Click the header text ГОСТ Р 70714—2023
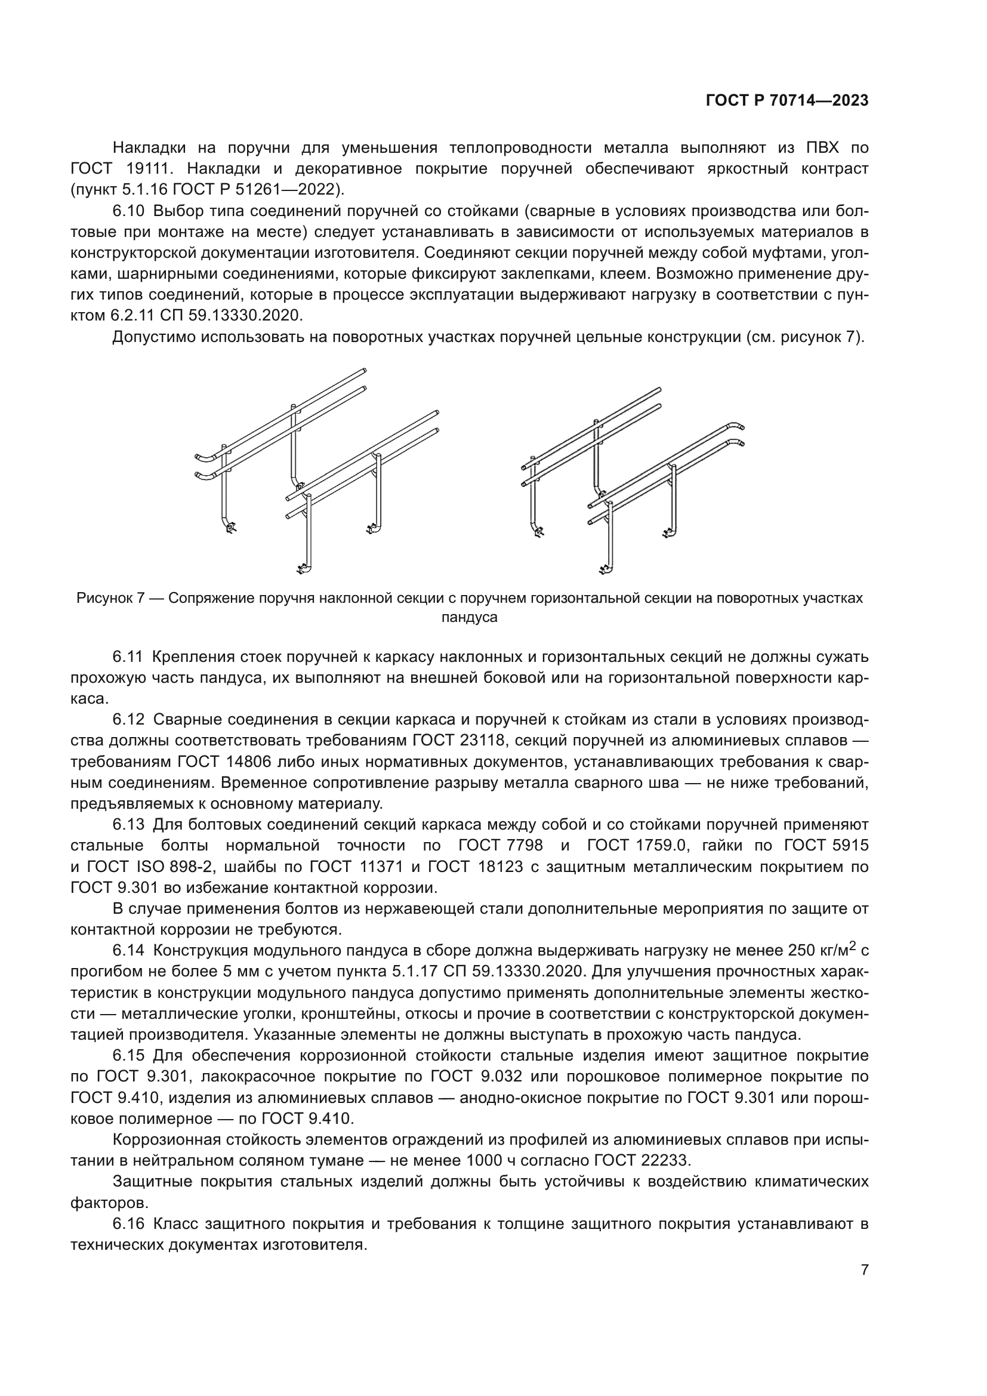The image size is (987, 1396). pos(786,101)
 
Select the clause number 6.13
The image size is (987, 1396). pos(128,824)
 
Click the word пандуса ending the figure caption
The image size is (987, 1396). pos(469,618)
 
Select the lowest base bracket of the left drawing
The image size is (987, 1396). pos(302,569)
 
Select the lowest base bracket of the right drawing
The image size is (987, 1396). pos(603,569)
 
